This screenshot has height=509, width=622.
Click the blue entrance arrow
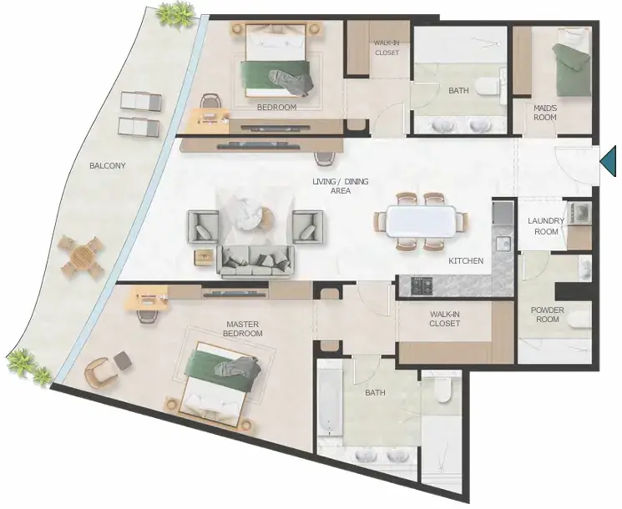pyautogui.click(x=609, y=160)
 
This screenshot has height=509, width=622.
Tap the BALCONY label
pyautogui.click(x=107, y=166)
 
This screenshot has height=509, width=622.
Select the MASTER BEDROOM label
pyautogui.click(x=242, y=329)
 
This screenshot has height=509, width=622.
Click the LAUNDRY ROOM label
pyautogui.click(x=546, y=226)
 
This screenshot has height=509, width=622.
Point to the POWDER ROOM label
pyautogui.click(x=548, y=315)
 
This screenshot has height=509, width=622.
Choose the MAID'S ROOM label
pyautogui.click(x=544, y=113)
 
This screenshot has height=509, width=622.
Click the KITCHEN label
pyautogui.click(x=466, y=261)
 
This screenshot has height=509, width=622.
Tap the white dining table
pyautogui.click(x=421, y=221)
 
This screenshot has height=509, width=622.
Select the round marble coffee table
pyautogui.click(x=249, y=214)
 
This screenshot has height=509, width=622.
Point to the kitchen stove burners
pyautogui.click(x=422, y=285)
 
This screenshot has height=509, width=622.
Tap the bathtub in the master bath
pyautogui.click(x=330, y=402)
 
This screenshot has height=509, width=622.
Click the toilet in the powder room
pyautogui.click(x=579, y=320)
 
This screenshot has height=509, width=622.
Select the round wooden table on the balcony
pyautogui.click(x=81, y=256)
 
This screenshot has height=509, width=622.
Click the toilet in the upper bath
pyautogui.click(x=489, y=87)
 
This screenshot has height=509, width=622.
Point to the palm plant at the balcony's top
pyautogui.click(x=175, y=15)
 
